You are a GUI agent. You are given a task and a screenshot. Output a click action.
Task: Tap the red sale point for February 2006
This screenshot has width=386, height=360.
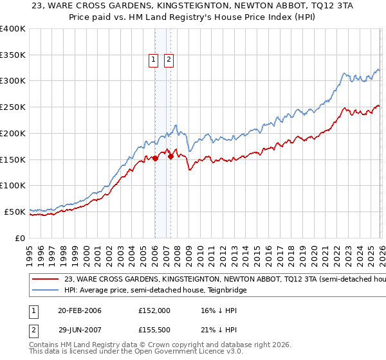[155, 158]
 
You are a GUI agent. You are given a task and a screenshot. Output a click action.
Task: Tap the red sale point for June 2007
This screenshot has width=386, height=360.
[170, 156]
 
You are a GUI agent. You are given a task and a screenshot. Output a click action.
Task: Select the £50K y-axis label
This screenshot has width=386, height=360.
[15, 212]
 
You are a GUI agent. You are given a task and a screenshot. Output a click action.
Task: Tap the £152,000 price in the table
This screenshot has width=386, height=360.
[154, 310]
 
